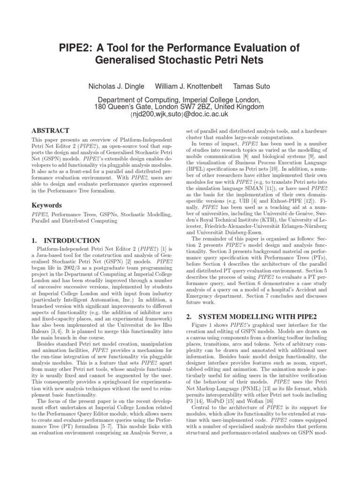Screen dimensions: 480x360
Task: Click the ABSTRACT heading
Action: pos(50,130)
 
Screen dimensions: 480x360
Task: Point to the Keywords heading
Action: pos(46,205)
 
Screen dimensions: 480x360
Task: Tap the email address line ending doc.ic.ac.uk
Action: pos(180,114)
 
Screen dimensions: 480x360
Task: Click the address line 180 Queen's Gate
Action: pos(180,107)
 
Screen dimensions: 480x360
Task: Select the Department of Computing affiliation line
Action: pos(180,100)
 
